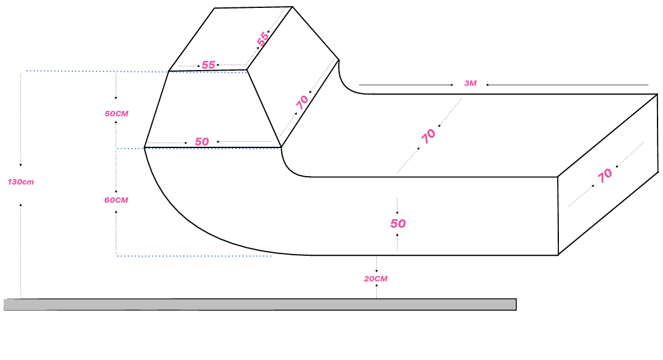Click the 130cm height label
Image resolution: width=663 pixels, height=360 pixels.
point(21,182)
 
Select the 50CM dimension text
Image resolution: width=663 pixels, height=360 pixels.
point(116,113)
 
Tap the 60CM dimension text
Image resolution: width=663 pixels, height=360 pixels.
point(116,200)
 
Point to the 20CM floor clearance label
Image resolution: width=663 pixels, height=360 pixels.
point(376,279)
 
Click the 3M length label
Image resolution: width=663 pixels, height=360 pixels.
point(470,83)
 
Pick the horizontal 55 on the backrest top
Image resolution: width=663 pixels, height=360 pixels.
point(208,65)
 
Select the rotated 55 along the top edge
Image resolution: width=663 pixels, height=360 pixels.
point(262,39)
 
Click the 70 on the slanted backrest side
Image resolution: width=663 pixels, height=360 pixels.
point(302,102)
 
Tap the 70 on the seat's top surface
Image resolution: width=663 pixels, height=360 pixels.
point(428,136)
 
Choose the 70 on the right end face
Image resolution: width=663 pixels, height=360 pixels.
point(605,175)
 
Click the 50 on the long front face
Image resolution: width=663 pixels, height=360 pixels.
point(398,224)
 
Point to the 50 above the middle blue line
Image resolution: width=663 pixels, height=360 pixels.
point(202,142)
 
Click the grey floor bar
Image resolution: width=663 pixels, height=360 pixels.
point(260,305)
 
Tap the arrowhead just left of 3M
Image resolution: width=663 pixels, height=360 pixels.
point(452,85)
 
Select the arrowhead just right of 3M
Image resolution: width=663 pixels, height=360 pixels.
point(487,85)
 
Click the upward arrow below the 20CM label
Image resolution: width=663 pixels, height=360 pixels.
point(376,292)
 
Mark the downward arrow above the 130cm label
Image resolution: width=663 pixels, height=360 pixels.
point(20,120)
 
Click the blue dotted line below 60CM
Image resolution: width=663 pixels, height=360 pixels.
point(194,256)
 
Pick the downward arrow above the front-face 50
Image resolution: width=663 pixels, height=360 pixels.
point(397,206)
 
